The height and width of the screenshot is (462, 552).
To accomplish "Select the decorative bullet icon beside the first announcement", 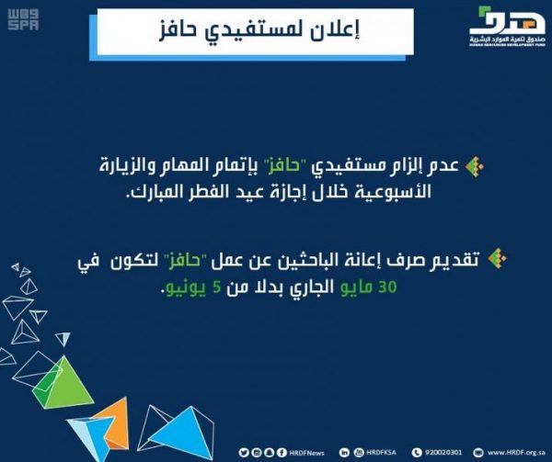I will click(x=475, y=168).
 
